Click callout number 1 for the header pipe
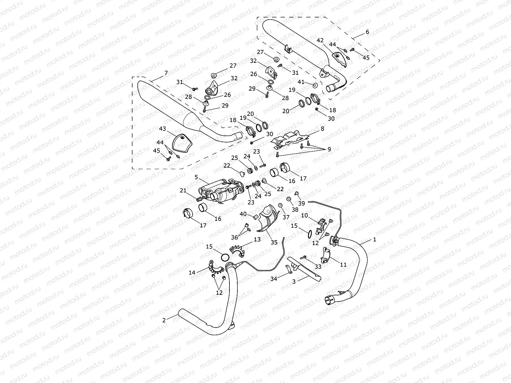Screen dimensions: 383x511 [375, 240]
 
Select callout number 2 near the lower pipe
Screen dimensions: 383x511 [164, 320]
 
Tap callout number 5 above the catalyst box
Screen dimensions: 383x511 [196, 177]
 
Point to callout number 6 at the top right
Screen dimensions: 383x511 [367, 32]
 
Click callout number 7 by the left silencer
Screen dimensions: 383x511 [166, 73]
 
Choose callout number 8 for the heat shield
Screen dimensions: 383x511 [322, 129]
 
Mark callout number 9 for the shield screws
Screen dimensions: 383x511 [329, 149]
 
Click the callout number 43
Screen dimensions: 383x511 [162, 129]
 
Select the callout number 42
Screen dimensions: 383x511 [320, 40]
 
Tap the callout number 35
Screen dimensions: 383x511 [274, 242]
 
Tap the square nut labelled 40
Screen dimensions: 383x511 [255, 217]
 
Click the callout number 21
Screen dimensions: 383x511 [183, 191]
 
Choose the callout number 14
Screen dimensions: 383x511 [192, 272]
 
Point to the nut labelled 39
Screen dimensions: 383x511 [297, 193]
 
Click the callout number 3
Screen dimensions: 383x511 [294, 281]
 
